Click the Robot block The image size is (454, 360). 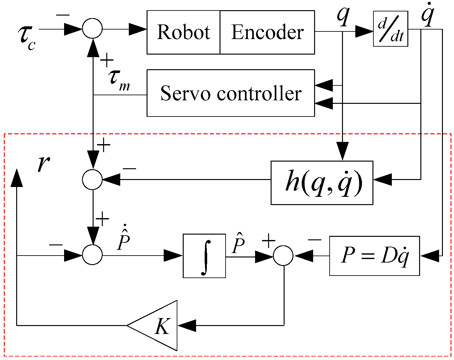tap(183, 32)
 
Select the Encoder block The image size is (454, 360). tap(267, 32)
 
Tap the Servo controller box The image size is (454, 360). tap(231, 93)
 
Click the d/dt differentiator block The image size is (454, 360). tap(390, 29)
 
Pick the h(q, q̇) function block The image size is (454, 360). tap(322, 183)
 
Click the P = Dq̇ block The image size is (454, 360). tap(374, 256)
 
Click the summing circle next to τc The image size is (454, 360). tap(92, 29)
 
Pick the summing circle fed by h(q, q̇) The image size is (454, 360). tap(92, 179)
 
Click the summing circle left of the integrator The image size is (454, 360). tap(92, 255)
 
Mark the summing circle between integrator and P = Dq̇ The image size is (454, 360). tap(283, 255)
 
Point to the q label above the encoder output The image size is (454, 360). tap(343, 16)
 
